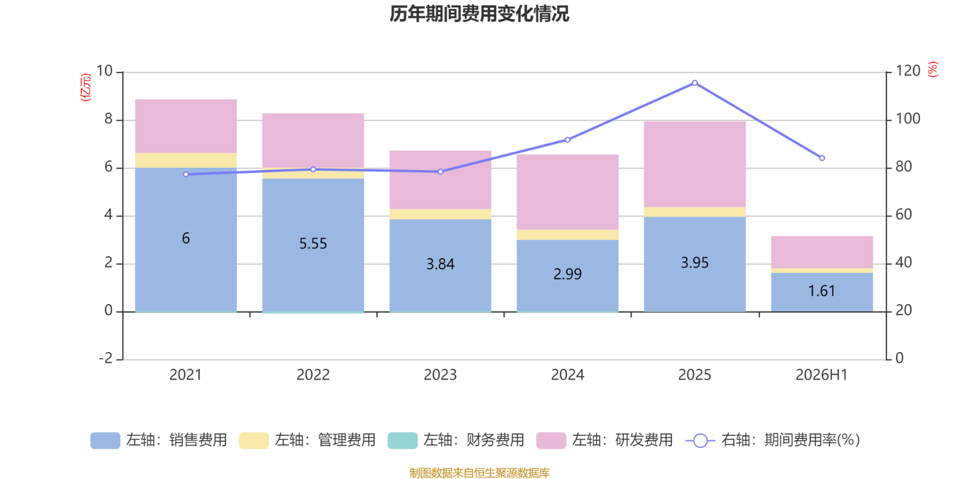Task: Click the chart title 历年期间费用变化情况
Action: coord(479,14)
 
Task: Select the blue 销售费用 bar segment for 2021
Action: coord(186,239)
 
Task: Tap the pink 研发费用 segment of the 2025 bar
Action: coord(695,165)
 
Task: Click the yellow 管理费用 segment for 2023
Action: coord(440,214)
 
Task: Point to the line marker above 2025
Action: coord(695,83)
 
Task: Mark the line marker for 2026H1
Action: coord(822,158)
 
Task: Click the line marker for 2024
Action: coord(567,140)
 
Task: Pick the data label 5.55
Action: coord(313,244)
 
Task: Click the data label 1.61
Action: coord(822,291)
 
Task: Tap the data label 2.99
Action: coord(567,274)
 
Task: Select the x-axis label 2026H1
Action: coord(822,375)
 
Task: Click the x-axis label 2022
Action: coord(313,375)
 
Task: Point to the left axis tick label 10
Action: coord(104,71)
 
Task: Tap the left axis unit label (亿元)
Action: coord(86,87)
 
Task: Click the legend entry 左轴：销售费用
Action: coord(158,440)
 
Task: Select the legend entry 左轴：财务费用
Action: coord(456,440)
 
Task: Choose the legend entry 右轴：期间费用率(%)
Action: coord(773,440)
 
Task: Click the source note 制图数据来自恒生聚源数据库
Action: coord(479,472)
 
